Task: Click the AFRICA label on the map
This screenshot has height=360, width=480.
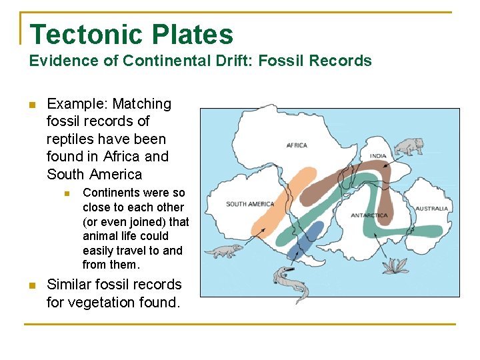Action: coord(297,145)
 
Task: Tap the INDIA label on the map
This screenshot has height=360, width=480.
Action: coord(378,156)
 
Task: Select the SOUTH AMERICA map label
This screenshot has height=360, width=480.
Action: coord(250,204)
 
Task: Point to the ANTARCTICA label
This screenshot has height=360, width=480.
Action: coord(369,215)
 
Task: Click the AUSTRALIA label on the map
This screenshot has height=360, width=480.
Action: coord(432,209)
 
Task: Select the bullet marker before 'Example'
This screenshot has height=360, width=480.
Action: coord(31,105)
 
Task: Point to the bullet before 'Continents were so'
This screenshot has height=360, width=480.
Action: coord(67,193)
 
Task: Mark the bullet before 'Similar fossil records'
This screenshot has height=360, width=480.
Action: coord(31,285)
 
